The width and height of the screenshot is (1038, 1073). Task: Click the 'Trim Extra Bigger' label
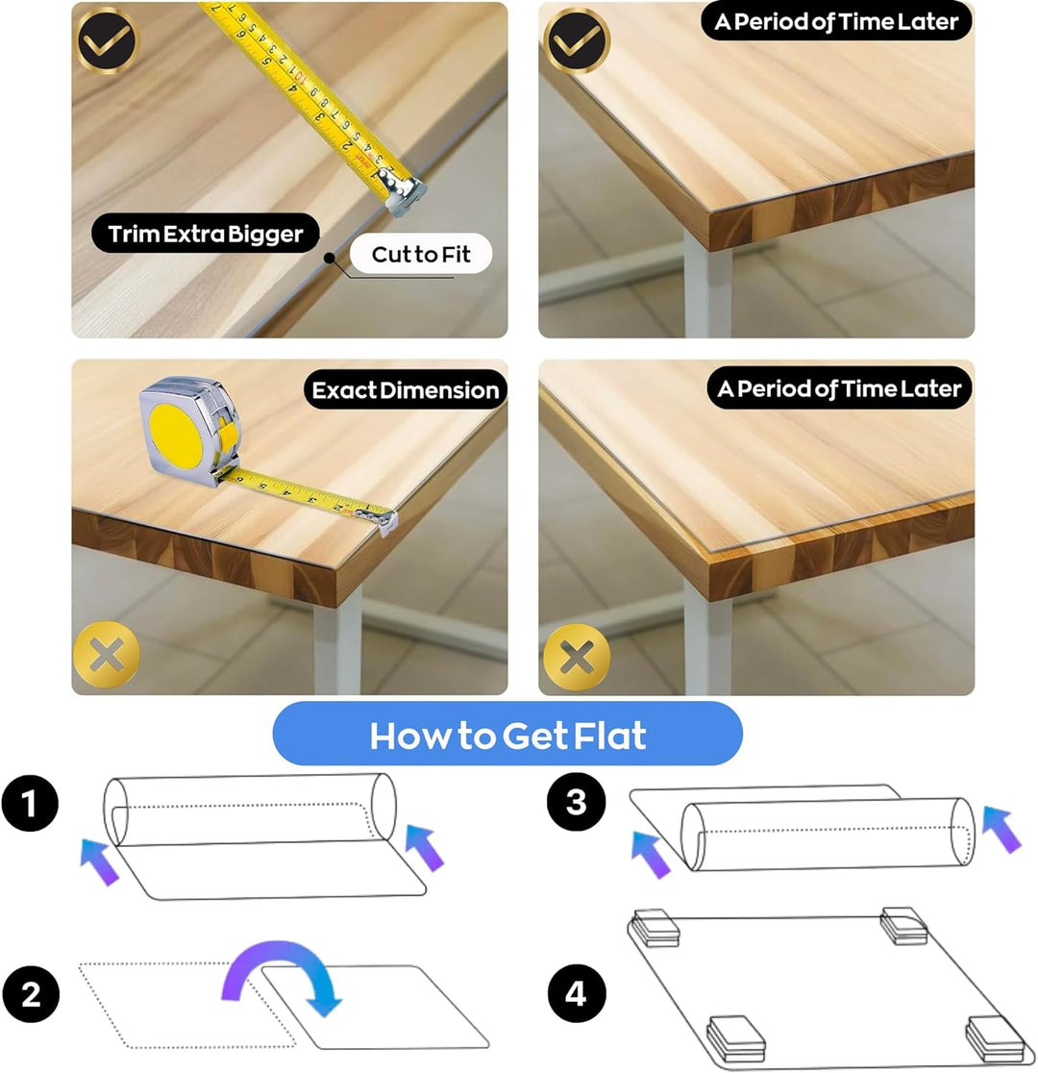point(206,234)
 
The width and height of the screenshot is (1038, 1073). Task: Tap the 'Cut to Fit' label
point(421,254)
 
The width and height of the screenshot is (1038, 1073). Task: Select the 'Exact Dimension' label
point(405,390)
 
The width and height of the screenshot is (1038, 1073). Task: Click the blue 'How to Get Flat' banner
point(507,735)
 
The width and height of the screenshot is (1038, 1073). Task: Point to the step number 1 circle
point(30,804)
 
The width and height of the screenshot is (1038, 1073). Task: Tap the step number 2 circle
point(31,993)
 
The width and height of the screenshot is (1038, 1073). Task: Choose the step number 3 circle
point(576,801)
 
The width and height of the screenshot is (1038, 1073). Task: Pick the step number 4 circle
point(576,993)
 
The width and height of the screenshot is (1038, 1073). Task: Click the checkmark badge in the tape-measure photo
point(106,40)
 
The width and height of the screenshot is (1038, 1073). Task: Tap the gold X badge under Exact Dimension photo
point(106,656)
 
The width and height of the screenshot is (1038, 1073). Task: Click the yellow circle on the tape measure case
point(177,437)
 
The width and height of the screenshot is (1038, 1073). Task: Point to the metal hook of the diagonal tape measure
point(405,192)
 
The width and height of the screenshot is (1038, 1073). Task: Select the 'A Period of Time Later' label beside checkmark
point(836,22)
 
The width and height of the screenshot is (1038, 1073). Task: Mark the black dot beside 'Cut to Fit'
point(330,258)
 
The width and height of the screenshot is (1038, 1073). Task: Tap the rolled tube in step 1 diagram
point(250,809)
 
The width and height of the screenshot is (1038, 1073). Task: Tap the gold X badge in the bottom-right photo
point(577,658)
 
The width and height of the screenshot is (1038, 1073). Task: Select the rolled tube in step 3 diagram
point(828,834)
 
